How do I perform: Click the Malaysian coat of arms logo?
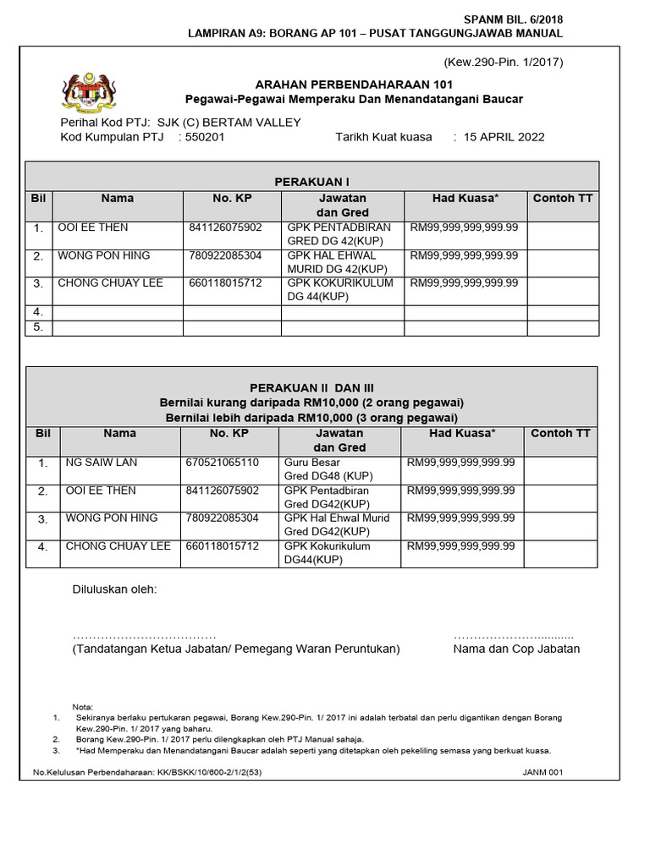pyautogui.click(x=88, y=92)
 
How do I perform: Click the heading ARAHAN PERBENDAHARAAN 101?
pyautogui.click(x=354, y=85)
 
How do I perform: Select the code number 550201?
pyautogui.click(x=205, y=137)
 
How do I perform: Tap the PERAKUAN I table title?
pyautogui.click(x=311, y=182)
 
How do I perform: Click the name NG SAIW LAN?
pyautogui.click(x=102, y=463)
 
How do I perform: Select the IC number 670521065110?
pyautogui.click(x=222, y=463)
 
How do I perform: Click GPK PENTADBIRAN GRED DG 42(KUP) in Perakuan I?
pyautogui.click(x=339, y=234)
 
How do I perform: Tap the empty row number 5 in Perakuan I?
pyautogui.click(x=38, y=327)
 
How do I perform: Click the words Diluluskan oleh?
pyautogui.click(x=114, y=589)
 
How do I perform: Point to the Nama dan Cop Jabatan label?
pyautogui.click(x=516, y=649)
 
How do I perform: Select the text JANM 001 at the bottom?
pyautogui.click(x=543, y=772)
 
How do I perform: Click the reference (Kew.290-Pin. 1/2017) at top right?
pyautogui.click(x=504, y=62)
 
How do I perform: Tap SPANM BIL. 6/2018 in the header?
pyautogui.click(x=513, y=19)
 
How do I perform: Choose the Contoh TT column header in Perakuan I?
pyautogui.click(x=562, y=198)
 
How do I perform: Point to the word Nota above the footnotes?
pyautogui.click(x=83, y=707)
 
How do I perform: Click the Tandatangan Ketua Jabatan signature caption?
pyautogui.click(x=236, y=649)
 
